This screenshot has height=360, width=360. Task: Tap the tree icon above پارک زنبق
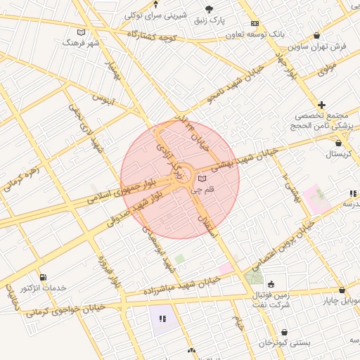coord(209,8)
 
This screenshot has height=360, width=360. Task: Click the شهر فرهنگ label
coord(82,43)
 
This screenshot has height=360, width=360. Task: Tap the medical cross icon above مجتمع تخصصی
coord(322,104)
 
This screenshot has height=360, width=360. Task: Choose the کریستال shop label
coord(339,153)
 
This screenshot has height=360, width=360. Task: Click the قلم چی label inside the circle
coord(202,189)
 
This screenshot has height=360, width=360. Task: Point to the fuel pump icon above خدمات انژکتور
coord(44,277)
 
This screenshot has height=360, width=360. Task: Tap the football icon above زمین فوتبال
coord(271,284)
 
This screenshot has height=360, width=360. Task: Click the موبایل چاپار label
coord(341,301)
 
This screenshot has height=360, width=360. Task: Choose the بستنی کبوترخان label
coord(285,342)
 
